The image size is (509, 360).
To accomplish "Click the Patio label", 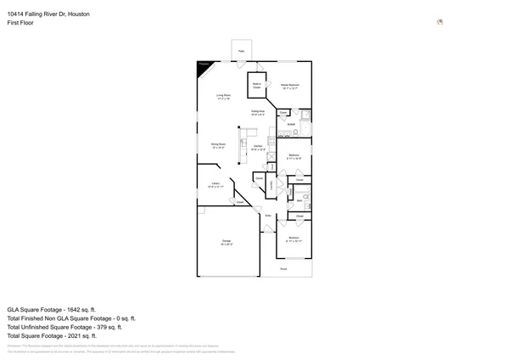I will tap(241, 53).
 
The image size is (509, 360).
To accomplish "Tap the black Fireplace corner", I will tap(204, 68).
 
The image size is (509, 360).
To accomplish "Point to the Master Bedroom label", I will tap(291, 87).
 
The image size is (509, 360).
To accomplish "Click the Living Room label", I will tap(224, 97).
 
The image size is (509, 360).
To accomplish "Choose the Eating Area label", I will tap(258, 113).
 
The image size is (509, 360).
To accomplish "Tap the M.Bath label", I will tap(290, 125).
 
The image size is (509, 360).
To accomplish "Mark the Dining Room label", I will tap(218, 146).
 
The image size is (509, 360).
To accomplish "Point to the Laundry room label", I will tap(271, 185).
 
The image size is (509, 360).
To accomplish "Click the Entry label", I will tap(268, 216).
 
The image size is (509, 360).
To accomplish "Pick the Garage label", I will tap(227, 244).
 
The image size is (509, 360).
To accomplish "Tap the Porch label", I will tap(284, 269).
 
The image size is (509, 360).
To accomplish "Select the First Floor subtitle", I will tap(20, 24).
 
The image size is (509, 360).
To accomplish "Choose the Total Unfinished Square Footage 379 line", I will tap(64, 327).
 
